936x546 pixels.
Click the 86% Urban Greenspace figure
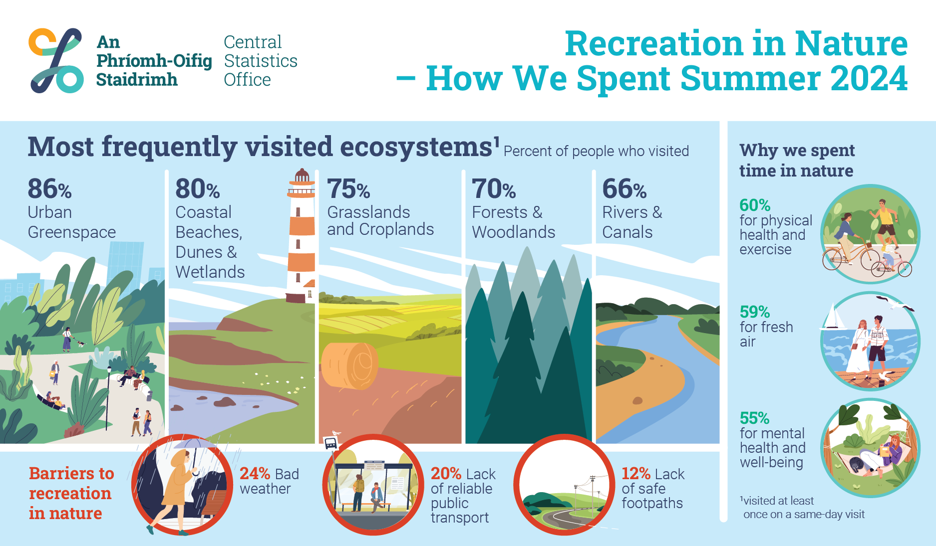(x=49, y=189)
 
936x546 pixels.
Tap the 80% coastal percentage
(x=198, y=189)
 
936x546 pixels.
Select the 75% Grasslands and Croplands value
(x=348, y=189)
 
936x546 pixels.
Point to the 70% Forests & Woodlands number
(x=494, y=189)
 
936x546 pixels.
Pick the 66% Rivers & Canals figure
(x=624, y=189)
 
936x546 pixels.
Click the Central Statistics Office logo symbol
(x=56, y=60)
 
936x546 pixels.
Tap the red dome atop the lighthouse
(x=302, y=175)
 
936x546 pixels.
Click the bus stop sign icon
(x=330, y=443)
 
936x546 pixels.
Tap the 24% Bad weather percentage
(x=255, y=473)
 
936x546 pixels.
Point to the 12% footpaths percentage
(x=636, y=473)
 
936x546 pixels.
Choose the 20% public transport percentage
(x=446, y=473)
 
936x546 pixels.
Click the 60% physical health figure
(x=755, y=205)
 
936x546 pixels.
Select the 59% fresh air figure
(x=755, y=312)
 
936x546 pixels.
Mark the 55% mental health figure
(x=754, y=418)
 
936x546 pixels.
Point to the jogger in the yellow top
(x=885, y=222)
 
